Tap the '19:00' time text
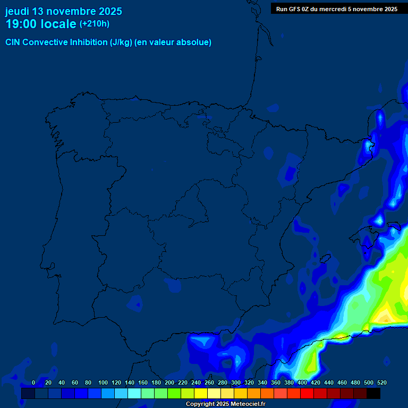21,24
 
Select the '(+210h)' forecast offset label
95,23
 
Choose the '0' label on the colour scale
33,382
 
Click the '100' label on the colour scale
103,382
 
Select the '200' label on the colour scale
169,382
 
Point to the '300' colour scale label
236,382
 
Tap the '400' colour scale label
302,382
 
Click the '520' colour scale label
382,382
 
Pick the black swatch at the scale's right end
373,393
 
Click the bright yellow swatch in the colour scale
201,393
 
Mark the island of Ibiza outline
322,259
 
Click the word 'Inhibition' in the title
89,42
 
